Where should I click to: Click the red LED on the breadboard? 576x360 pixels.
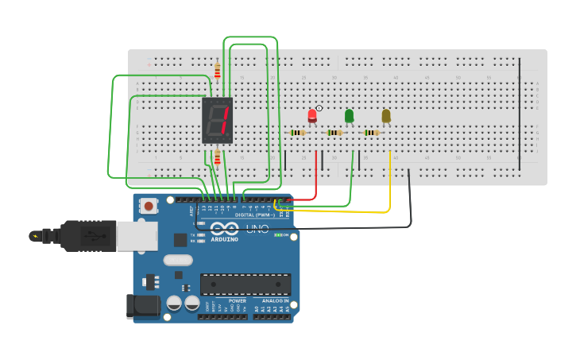pyautogui.click(x=312, y=116)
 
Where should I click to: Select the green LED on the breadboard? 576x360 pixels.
pyautogui.click(x=349, y=116)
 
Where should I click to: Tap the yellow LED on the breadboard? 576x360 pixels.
pyautogui.click(x=386, y=116)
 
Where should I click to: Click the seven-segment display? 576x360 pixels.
pyautogui.click(x=217, y=120)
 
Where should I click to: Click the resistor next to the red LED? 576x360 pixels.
pyautogui.click(x=298, y=133)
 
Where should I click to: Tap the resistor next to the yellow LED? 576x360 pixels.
pyautogui.click(x=371, y=133)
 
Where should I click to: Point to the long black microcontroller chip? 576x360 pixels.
pyautogui.click(x=245, y=284)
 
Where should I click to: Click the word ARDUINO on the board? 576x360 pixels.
pyautogui.click(x=225, y=239)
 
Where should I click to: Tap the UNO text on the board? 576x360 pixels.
pyautogui.click(x=257, y=229)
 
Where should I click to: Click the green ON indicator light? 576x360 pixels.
pyautogui.click(x=279, y=235)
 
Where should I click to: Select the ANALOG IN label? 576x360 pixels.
pyautogui.click(x=275, y=301)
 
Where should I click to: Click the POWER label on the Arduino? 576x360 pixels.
pyautogui.click(x=237, y=301)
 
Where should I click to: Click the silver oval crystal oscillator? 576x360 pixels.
pyautogui.click(x=178, y=260)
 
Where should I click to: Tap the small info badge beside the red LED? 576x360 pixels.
pyautogui.click(x=319, y=108)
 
